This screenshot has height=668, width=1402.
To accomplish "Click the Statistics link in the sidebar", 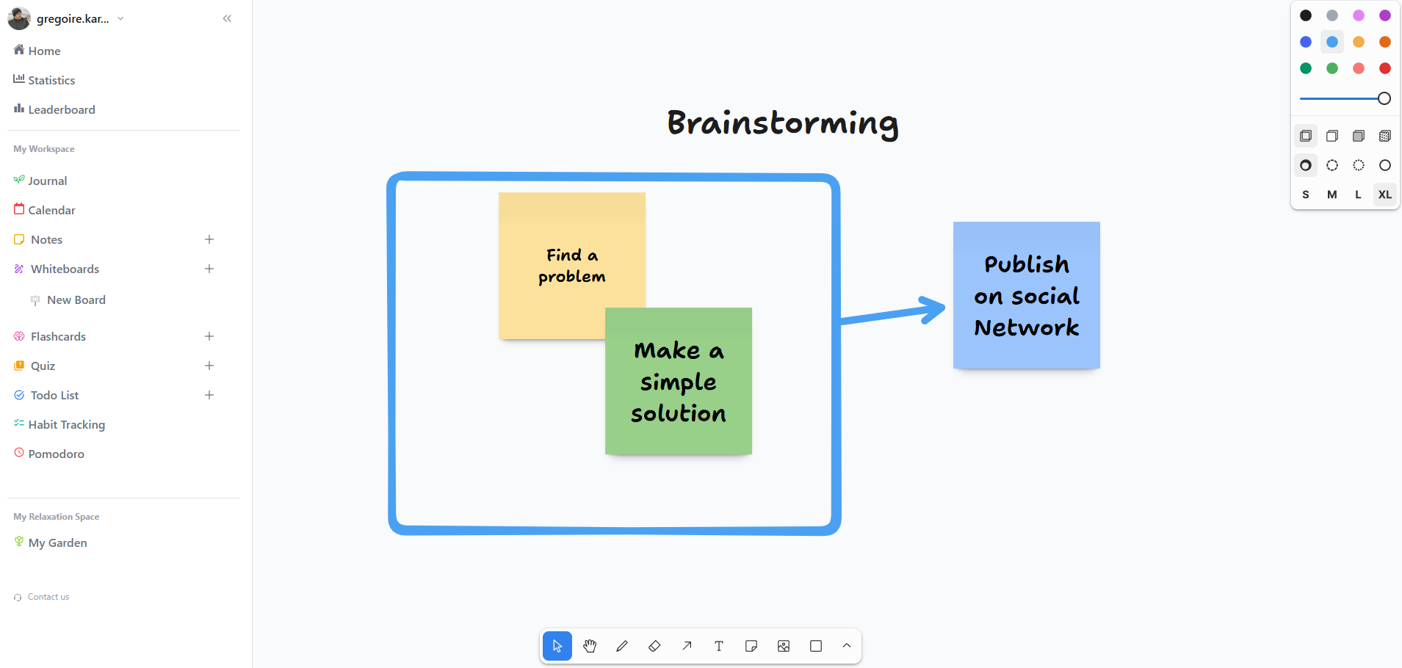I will click(x=51, y=80).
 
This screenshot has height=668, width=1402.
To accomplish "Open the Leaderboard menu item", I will click(x=61, y=109).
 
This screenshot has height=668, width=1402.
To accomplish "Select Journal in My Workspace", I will click(x=47, y=181).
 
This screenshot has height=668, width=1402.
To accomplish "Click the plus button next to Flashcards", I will click(x=209, y=336).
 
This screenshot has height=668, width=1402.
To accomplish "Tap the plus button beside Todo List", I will click(x=209, y=395).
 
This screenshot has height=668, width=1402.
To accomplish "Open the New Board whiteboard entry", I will click(x=76, y=299).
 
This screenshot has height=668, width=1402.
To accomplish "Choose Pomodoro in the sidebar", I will click(x=56, y=454).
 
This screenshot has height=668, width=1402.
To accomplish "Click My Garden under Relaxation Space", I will click(x=57, y=542).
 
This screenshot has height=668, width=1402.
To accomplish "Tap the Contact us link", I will click(x=48, y=597).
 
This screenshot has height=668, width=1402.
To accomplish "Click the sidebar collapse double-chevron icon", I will click(x=227, y=18).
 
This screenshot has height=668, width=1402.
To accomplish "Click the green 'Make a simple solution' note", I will click(x=678, y=382).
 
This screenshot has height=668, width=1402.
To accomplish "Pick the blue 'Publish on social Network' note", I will click(x=1026, y=295).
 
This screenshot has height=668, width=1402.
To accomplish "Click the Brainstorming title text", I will click(x=782, y=123).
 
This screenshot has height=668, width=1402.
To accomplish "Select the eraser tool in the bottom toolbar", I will click(x=654, y=646).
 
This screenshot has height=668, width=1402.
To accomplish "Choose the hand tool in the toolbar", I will click(x=590, y=646).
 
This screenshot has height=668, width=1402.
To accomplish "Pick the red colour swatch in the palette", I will click(x=1384, y=68).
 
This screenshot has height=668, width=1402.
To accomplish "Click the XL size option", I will click(x=1384, y=195).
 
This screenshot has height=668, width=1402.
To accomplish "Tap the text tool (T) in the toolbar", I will click(x=719, y=646).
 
